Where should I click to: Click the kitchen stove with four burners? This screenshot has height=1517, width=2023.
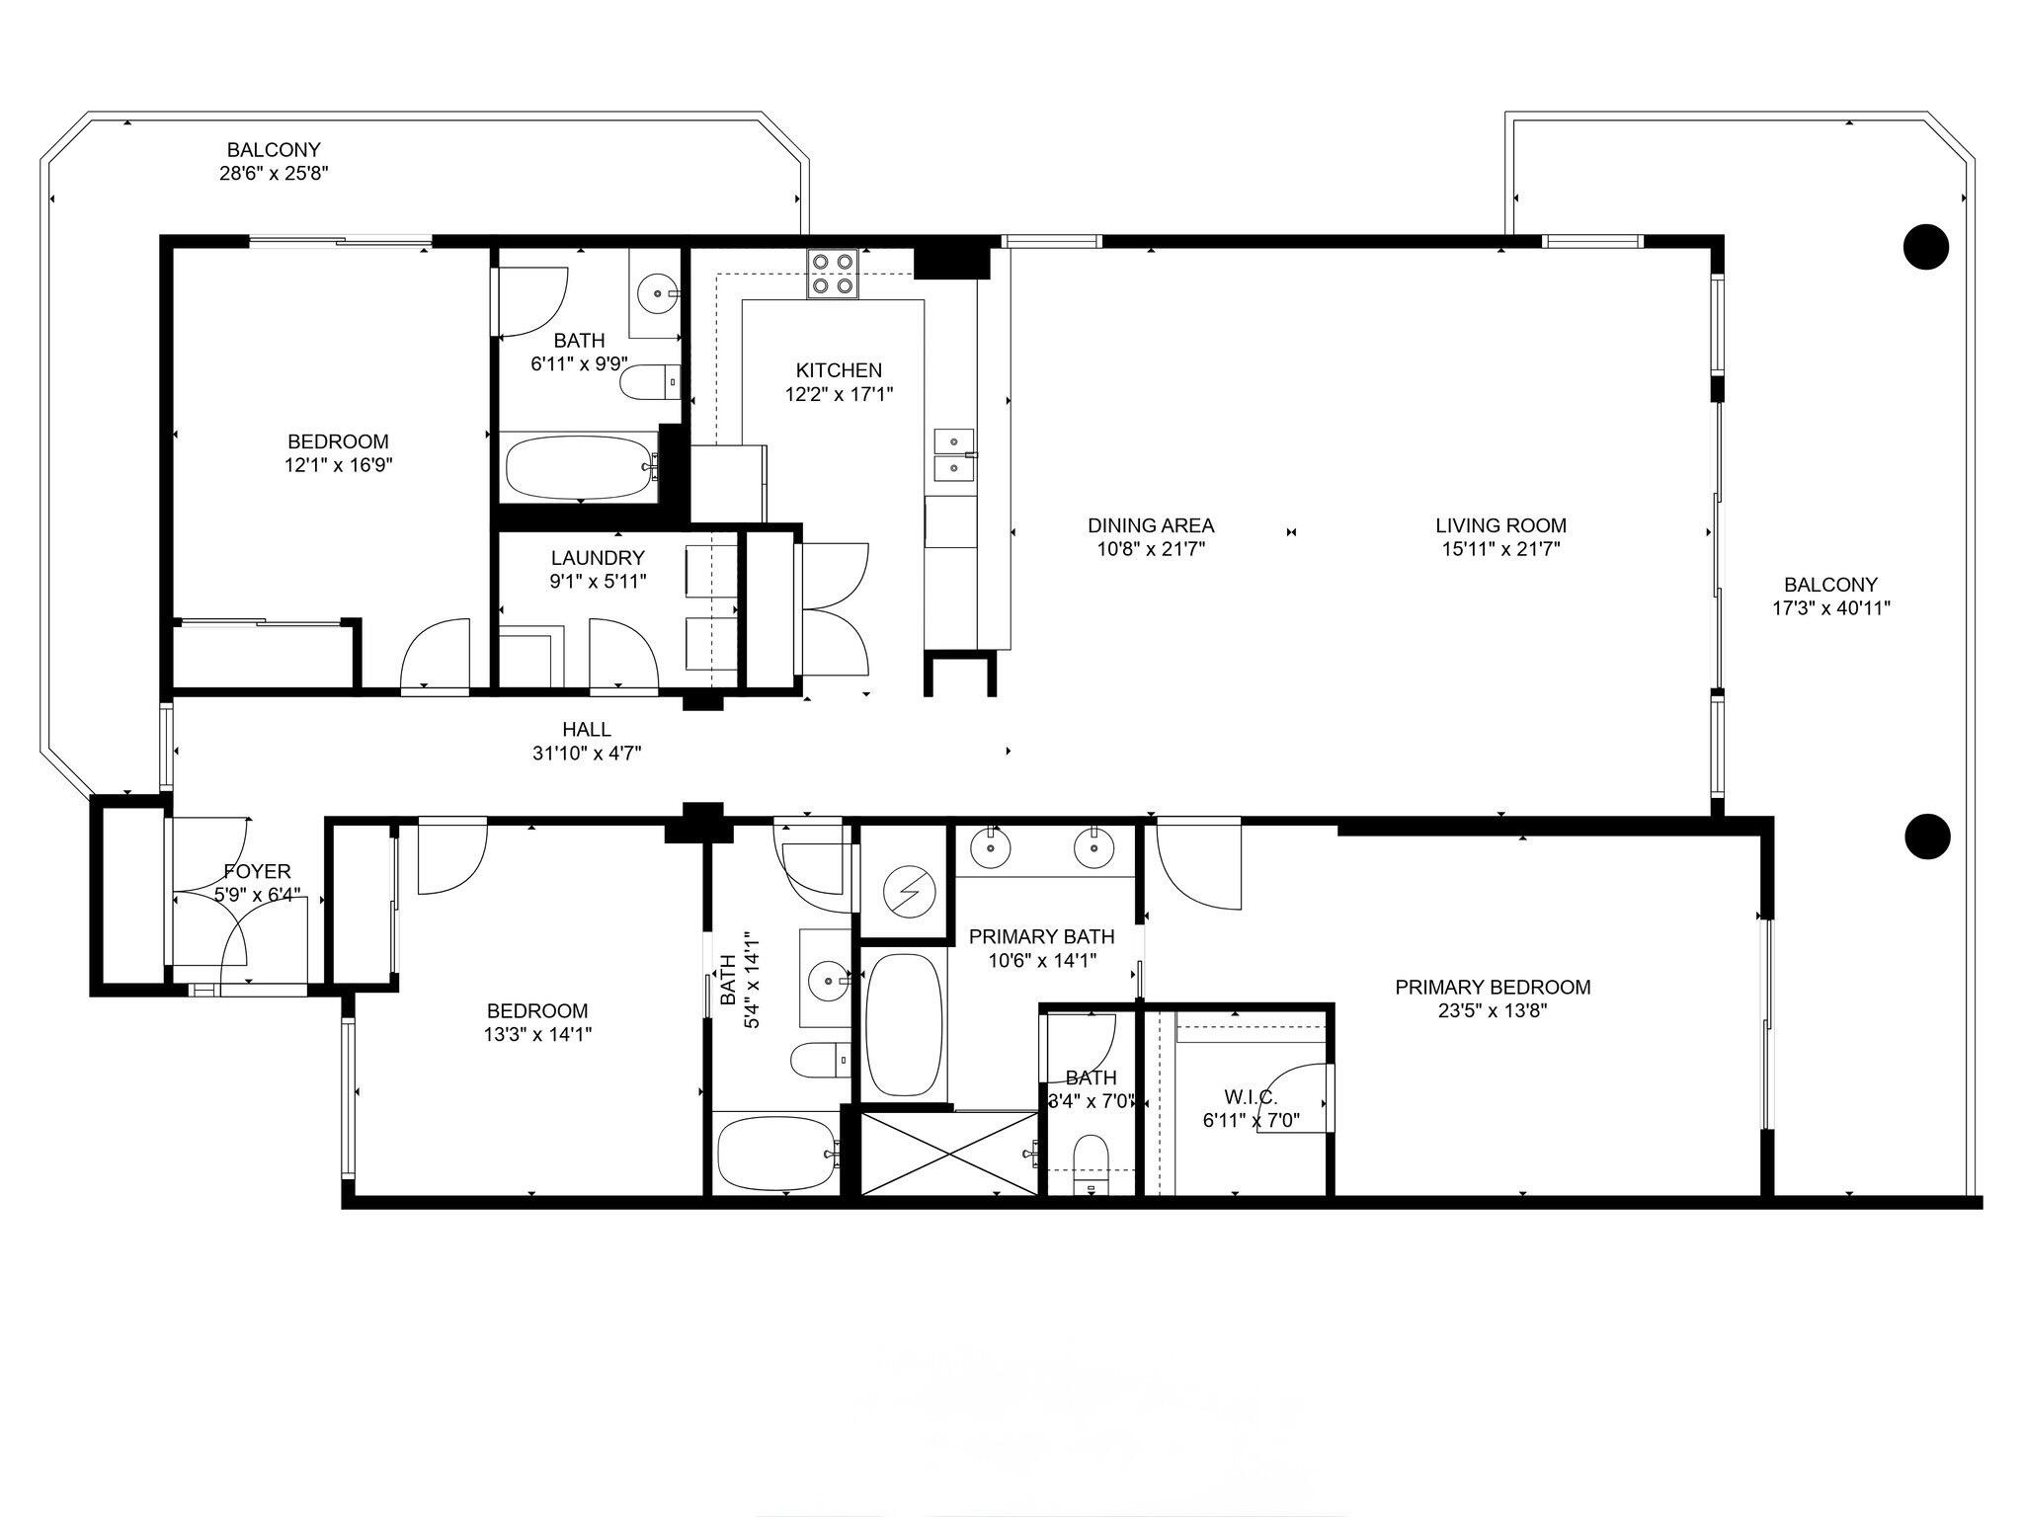(x=833, y=274)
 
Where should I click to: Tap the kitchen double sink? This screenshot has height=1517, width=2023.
(x=954, y=453)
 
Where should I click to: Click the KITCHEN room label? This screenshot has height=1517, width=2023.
(x=839, y=370)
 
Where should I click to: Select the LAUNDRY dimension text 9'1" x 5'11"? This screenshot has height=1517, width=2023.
(x=598, y=582)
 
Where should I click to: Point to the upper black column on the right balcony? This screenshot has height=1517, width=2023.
(x=1925, y=246)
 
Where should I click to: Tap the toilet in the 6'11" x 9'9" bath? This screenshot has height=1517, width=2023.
(x=647, y=382)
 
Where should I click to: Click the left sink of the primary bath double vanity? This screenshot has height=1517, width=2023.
(x=989, y=846)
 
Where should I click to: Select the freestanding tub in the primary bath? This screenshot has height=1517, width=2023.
(x=903, y=1024)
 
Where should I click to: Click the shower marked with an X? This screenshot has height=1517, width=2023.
(x=949, y=1153)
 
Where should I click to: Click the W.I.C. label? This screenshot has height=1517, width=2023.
(x=1251, y=1097)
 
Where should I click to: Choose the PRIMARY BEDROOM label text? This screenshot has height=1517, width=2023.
(x=1492, y=987)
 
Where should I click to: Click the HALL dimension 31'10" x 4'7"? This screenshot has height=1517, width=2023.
(x=587, y=754)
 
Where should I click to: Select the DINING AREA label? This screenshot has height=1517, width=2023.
(x=1150, y=525)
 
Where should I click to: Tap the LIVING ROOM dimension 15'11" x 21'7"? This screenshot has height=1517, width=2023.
(x=1499, y=549)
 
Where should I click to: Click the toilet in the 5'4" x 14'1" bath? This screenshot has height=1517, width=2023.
(x=819, y=1061)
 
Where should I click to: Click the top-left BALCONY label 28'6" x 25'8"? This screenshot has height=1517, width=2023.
(x=274, y=174)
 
